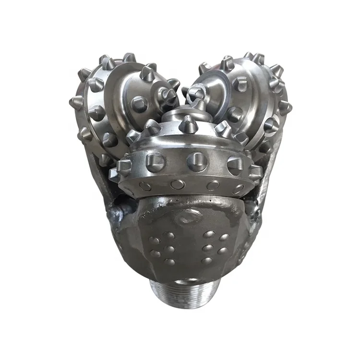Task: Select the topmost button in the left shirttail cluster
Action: click(169, 235)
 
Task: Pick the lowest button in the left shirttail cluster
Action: click(169, 262)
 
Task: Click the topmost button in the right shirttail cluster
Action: click(210, 234)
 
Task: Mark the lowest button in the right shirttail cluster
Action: click(206, 261)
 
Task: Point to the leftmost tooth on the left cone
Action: click(76, 102)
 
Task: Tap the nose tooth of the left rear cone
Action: click(168, 96)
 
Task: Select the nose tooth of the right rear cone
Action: click(196, 93)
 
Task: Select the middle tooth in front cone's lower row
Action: click(197, 161)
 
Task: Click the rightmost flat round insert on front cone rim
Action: click(238, 188)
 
